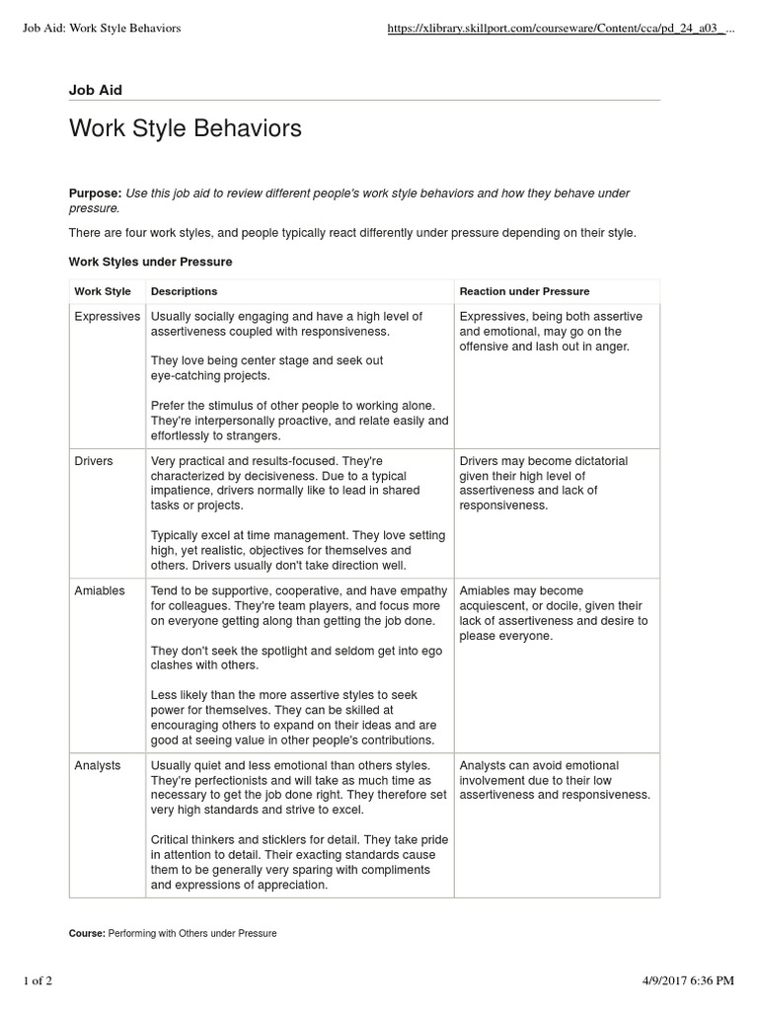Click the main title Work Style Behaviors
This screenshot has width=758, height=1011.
pyautogui.click(x=185, y=129)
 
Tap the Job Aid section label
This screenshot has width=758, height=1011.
pyautogui.click(x=96, y=90)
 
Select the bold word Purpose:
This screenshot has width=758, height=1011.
pyautogui.click(x=95, y=194)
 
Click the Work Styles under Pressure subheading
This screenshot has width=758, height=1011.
pyautogui.click(x=150, y=262)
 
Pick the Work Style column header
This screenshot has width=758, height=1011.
pyautogui.click(x=103, y=291)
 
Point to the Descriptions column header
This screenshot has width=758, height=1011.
pyautogui.click(x=184, y=291)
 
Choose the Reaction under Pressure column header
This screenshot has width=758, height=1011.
pyautogui.click(x=524, y=291)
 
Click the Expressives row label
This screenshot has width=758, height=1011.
pyautogui.click(x=108, y=316)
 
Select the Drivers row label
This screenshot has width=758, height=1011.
pyautogui.click(x=94, y=461)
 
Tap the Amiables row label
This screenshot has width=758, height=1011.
pyautogui.click(x=100, y=590)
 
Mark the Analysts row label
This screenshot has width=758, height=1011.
pyautogui.click(x=98, y=765)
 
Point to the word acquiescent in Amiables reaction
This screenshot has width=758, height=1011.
pyautogui.click(x=494, y=605)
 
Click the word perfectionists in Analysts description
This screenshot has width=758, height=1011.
pyautogui.click(x=234, y=780)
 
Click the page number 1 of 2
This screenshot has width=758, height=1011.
pyautogui.click(x=43, y=979)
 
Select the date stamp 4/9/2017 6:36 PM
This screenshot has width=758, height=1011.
pyautogui.click(x=682, y=979)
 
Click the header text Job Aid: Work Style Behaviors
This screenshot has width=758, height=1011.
pyautogui.click(x=102, y=29)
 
